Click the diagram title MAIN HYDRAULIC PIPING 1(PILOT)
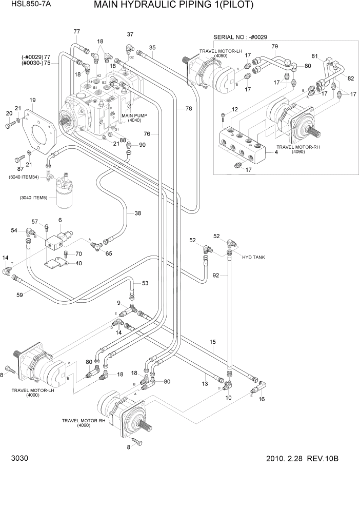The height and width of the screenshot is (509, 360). point(174,6)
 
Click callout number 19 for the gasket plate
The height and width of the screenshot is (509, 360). point(32,100)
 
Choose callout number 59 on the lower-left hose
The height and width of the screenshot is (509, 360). point(20,295)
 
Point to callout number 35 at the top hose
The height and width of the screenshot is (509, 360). point(152,48)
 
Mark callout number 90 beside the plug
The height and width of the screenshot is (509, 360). point(142,145)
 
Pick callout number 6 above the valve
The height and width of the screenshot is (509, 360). point(60,220)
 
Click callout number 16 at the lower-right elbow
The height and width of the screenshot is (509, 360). point(262,398)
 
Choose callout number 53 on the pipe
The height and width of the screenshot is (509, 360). point(145,283)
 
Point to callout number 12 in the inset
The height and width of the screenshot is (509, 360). point(235,109)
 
